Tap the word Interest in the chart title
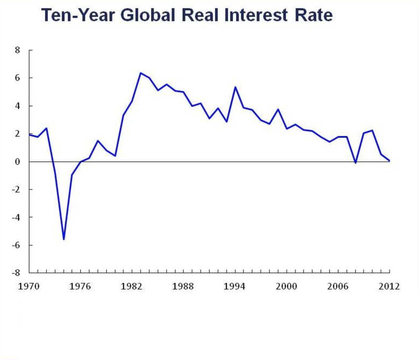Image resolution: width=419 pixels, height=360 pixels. [256, 15]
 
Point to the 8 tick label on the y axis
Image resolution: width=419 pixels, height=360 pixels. [18, 50]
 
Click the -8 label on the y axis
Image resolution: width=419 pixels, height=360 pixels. [16, 273]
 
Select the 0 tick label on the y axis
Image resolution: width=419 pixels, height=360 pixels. [18, 162]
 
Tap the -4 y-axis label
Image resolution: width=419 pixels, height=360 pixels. [16, 217]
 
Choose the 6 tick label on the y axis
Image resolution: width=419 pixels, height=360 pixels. [18, 78]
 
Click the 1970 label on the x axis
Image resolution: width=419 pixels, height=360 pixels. [29, 286]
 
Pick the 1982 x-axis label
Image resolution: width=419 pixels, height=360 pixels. [131, 286]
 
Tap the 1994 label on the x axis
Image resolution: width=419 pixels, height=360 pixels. [234, 286]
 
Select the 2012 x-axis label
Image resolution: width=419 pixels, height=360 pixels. [389, 286]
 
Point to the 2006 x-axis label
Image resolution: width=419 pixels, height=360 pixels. [337, 286]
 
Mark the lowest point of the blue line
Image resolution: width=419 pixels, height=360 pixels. [64, 239]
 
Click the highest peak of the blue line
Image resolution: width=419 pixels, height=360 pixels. [141, 73]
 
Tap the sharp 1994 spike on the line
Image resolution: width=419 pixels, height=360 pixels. [235, 87]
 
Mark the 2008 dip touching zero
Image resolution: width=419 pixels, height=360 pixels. [356, 163]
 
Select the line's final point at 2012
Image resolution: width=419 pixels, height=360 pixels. [389, 161]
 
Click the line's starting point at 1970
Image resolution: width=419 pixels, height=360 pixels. [30, 134]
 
